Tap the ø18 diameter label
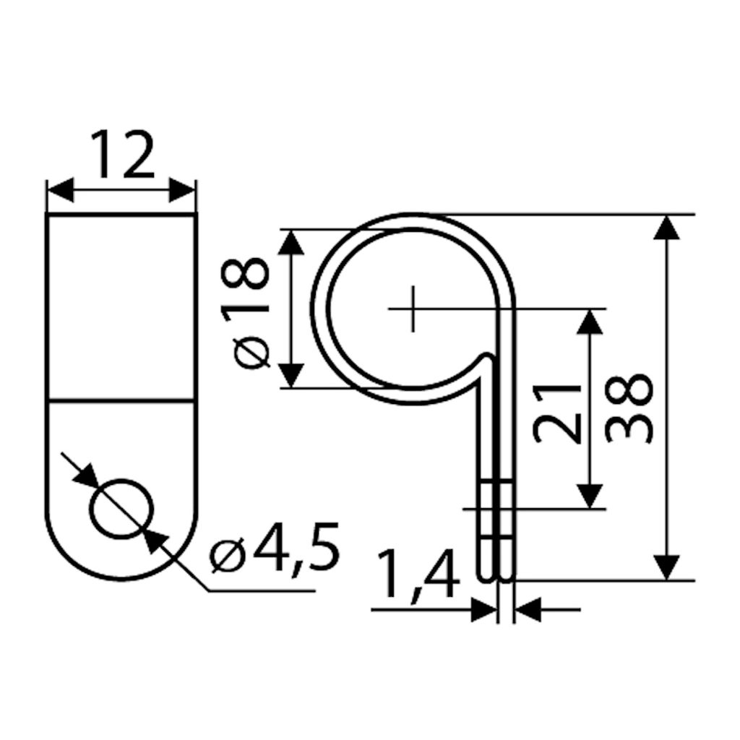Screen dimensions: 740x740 click(x=246, y=314)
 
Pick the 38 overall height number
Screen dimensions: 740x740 click(x=629, y=407)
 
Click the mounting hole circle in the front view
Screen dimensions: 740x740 click(x=121, y=509)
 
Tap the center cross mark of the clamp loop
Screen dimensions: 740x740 click(x=413, y=309)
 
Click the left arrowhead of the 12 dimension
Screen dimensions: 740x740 click(x=61, y=191)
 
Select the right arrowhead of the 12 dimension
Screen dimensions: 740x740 click(x=182, y=191)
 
